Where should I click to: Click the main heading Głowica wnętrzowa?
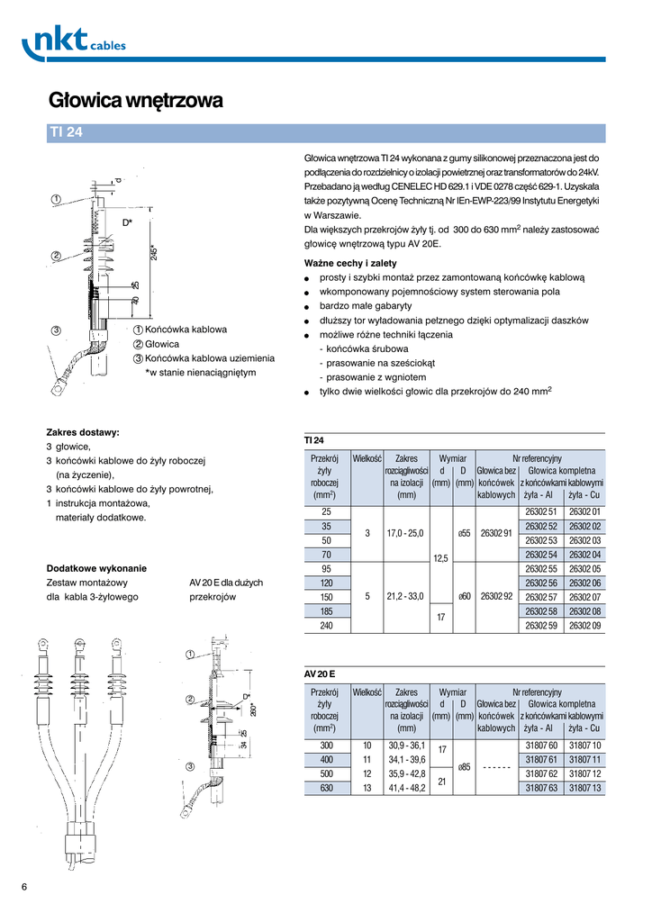click(135, 100)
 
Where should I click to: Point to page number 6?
click(24, 888)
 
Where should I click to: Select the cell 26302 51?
click(541, 511)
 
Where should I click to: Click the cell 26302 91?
click(496, 533)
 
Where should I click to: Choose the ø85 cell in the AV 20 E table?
click(463, 767)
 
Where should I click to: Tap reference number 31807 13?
click(585, 788)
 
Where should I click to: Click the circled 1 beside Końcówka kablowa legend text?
click(139, 330)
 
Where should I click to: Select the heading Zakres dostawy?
click(83, 432)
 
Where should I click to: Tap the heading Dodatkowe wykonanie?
click(96, 568)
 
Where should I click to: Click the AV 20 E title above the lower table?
click(320, 672)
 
